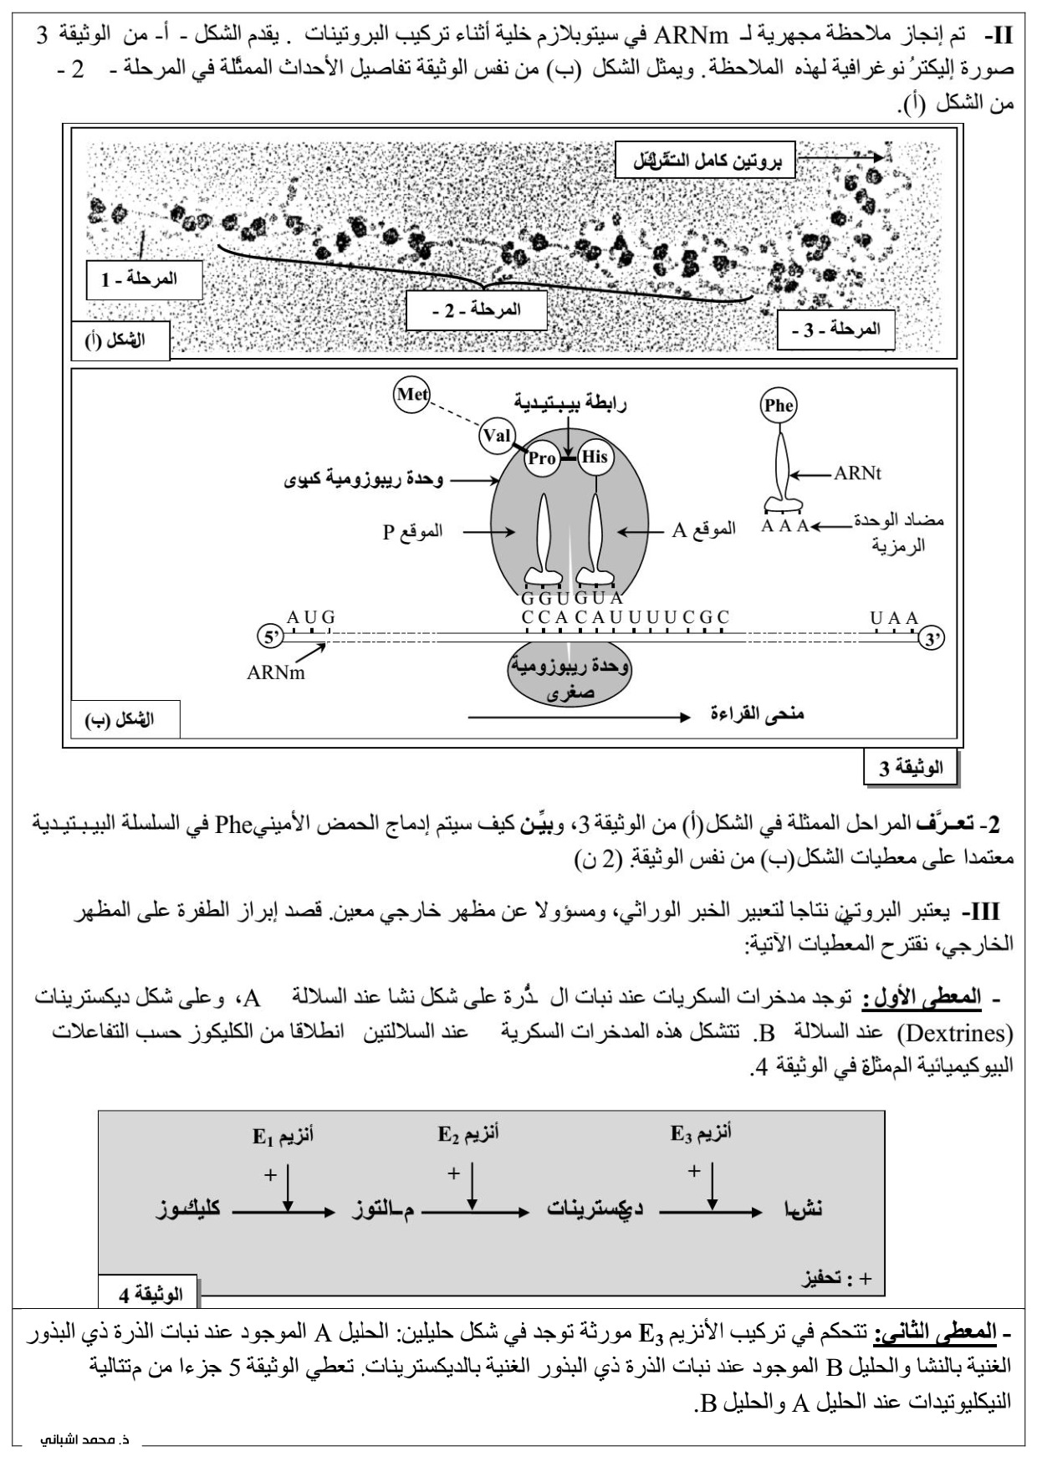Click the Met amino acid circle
point(411,395)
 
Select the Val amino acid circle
point(496,436)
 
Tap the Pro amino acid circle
point(542,458)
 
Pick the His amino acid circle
point(595,457)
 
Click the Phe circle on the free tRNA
point(779,406)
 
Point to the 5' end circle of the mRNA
point(270,637)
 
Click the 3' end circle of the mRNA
point(932,640)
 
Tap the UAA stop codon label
point(894,618)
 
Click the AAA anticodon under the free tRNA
point(785,526)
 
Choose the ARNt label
point(857,474)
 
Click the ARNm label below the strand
point(276,672)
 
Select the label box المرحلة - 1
point(145,279)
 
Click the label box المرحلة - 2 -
point(476,310)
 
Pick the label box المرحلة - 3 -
point(835,330)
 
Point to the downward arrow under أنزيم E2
point(473,1188)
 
